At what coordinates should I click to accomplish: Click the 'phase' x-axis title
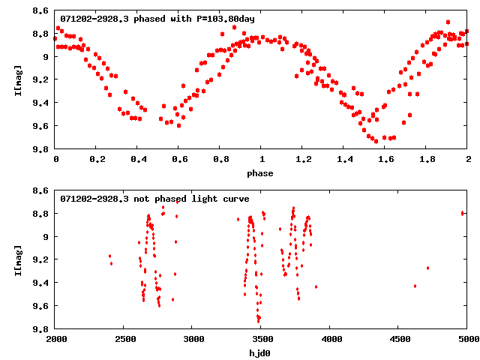point(262,173)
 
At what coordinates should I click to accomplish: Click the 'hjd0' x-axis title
point(262,353)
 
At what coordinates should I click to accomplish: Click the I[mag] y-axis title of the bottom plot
point(17,259)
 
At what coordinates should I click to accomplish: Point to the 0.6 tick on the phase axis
point(179,160)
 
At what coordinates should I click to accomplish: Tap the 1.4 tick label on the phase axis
point(344,160)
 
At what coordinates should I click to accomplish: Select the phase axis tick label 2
point(468,160)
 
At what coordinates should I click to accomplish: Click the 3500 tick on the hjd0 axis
point(262,340)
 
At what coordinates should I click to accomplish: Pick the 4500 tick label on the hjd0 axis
point(399,340)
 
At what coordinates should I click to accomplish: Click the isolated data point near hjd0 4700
point(427,268)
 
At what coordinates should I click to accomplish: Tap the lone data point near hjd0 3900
point(316,286)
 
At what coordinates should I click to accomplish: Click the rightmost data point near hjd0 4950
point(463,213)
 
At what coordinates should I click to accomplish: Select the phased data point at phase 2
point(467,34)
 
